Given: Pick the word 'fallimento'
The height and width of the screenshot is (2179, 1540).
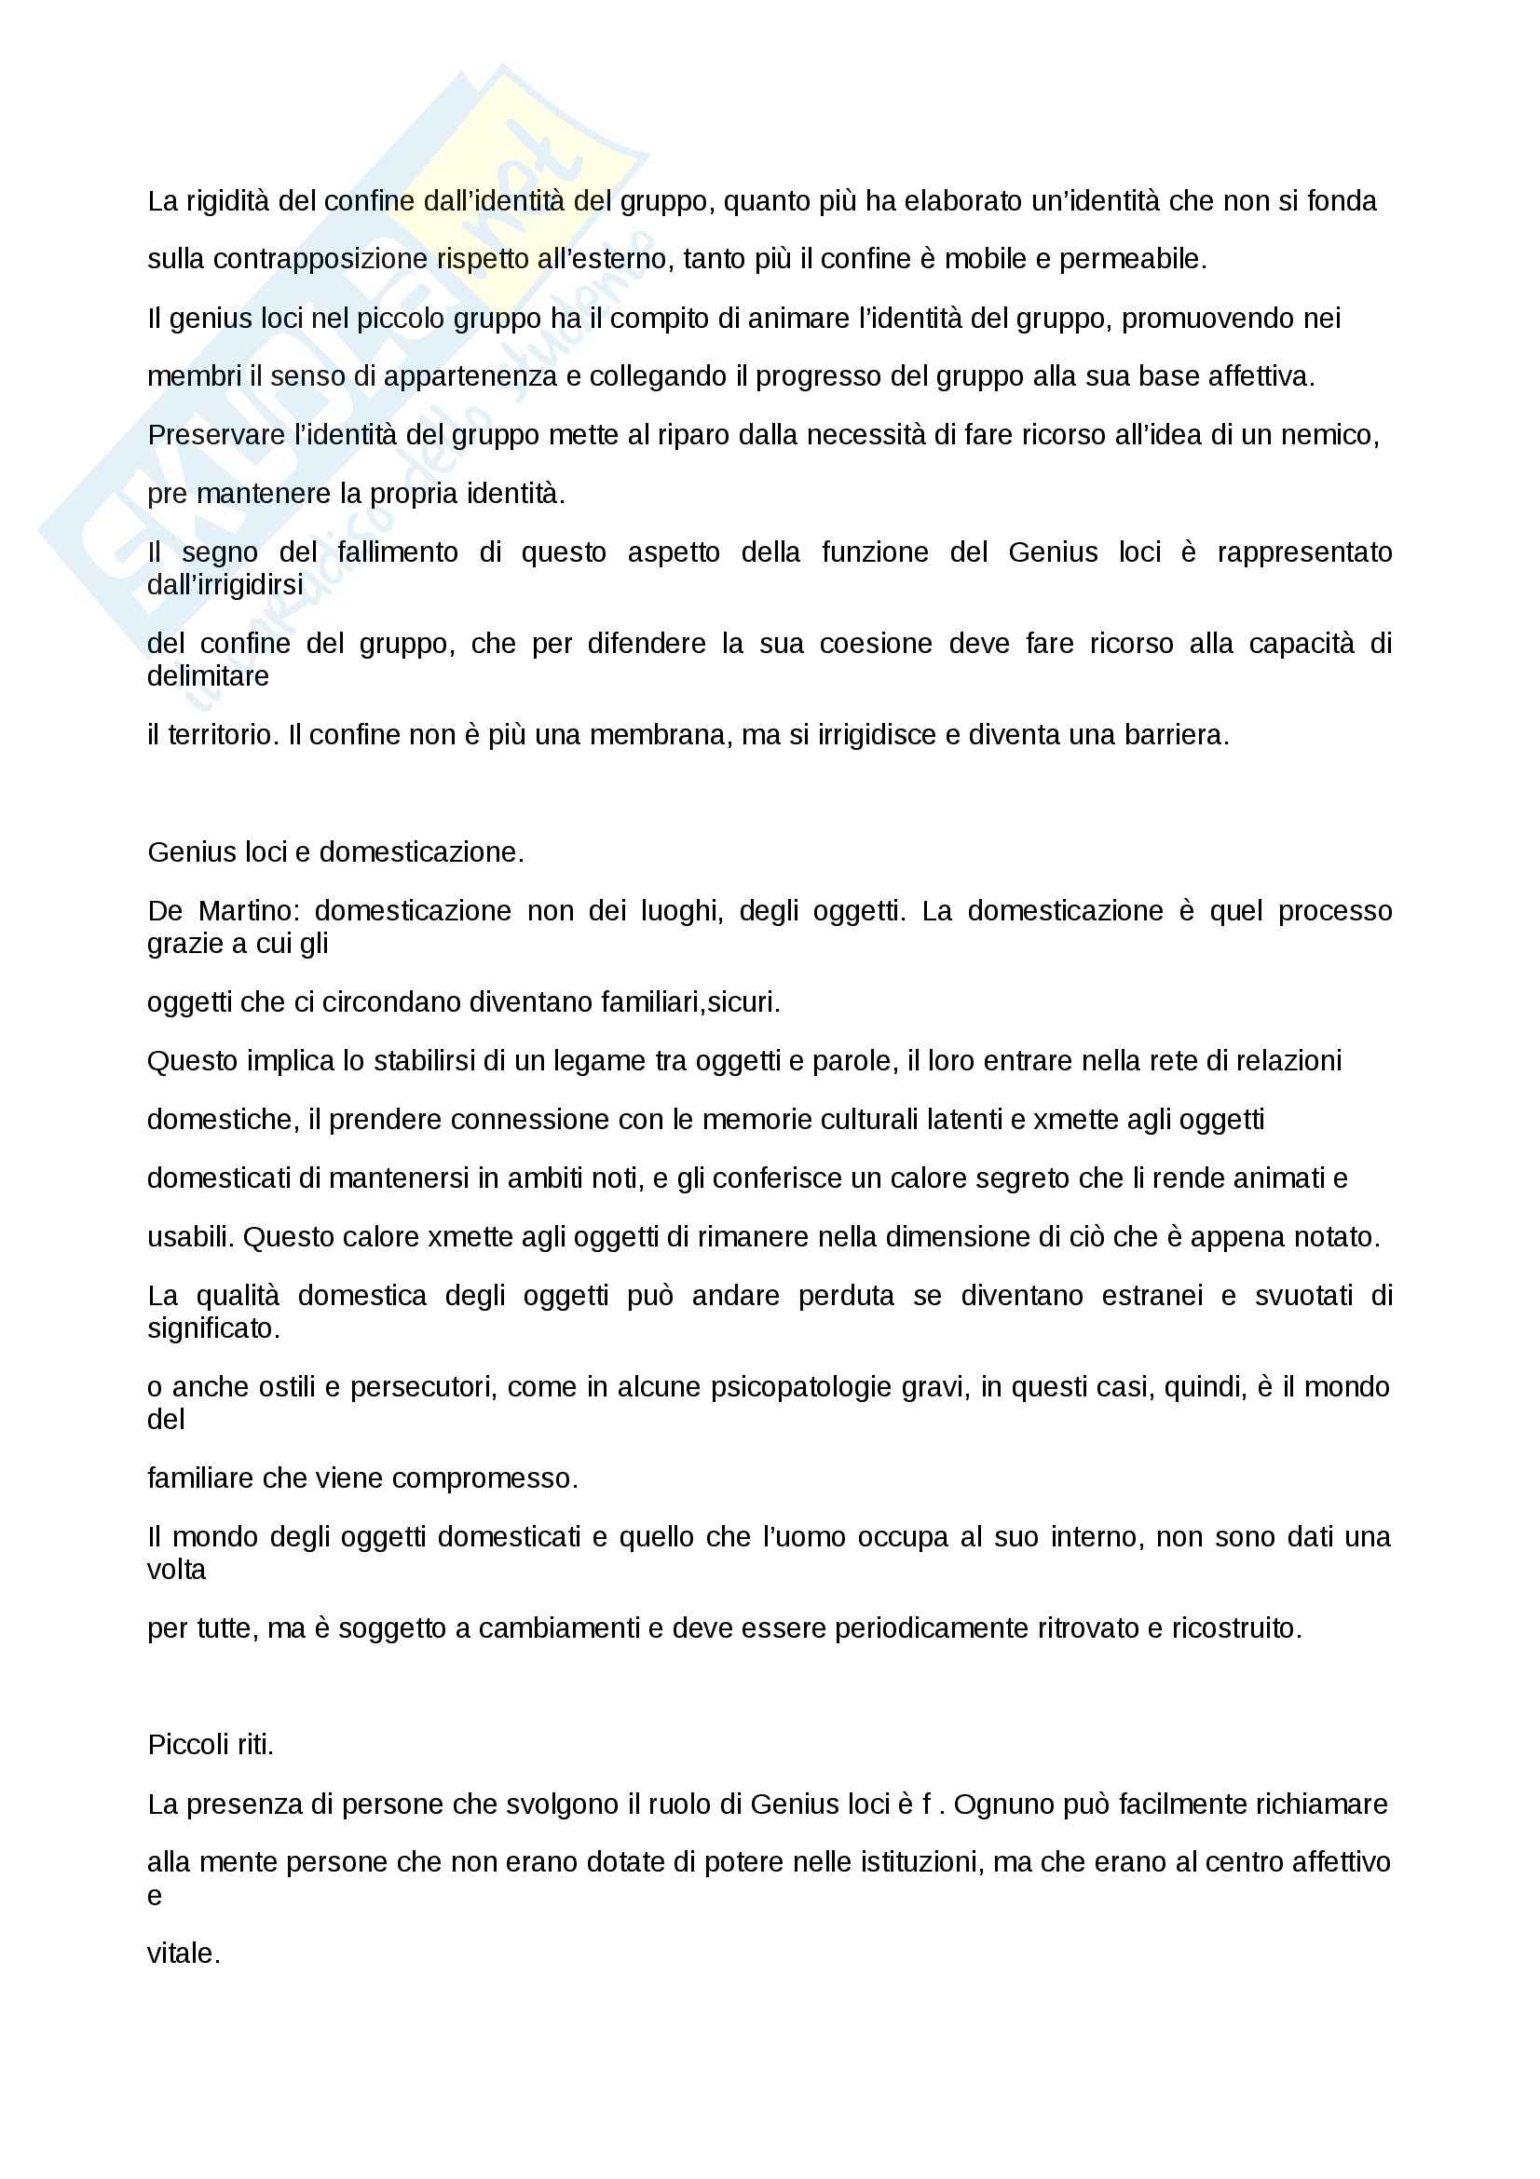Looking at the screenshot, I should (x=398, y=552).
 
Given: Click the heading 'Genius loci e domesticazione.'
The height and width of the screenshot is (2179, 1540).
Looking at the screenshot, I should (x=336, y=852).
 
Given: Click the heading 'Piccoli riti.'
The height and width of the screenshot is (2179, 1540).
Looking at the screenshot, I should (x=211, y=1744).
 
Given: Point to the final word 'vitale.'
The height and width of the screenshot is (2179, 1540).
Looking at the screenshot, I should (x=184, y=1954).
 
